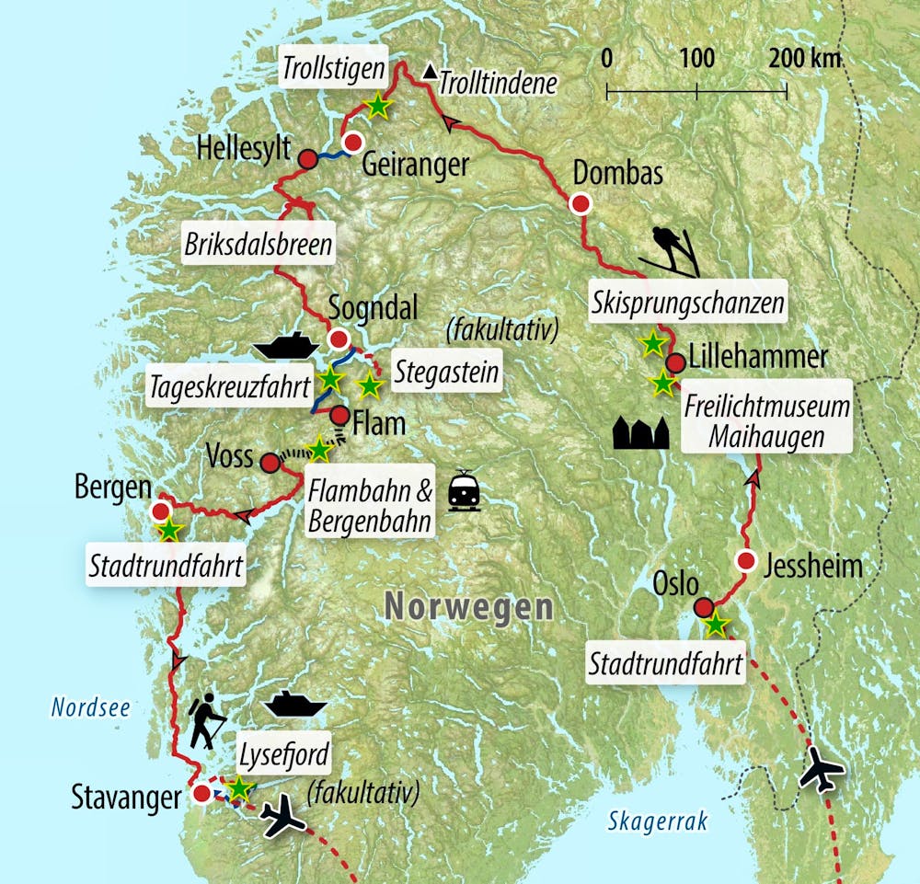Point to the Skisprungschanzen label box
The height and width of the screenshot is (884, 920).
688,301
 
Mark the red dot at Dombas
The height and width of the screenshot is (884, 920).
581,204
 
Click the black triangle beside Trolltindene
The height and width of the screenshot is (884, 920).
430,72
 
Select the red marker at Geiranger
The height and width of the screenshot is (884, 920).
351,142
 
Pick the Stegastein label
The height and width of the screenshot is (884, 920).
445,373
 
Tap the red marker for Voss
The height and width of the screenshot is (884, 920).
269,462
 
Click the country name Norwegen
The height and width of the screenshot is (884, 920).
468,607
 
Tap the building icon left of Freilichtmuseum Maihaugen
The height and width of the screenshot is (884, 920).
640,431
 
